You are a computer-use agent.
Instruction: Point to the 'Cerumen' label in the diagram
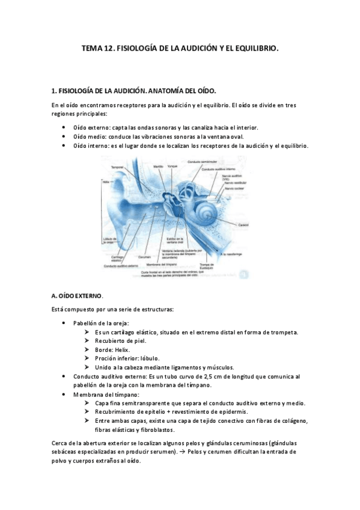(144, 257)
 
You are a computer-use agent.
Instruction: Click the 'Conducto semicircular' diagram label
(201, 162)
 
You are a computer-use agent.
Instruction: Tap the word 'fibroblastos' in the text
(155, 430)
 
